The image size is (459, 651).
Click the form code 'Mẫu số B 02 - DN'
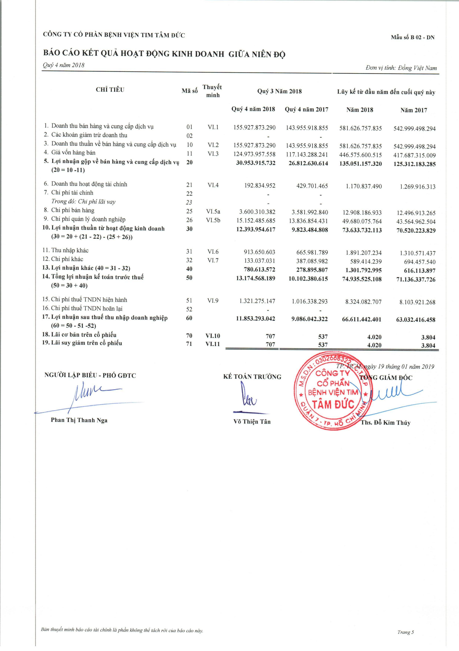(x=413, y=38)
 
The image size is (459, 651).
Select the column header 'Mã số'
(x=189, y=91)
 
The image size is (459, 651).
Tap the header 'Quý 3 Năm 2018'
(x=279, y=91)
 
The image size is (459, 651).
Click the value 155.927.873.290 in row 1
(x=254, y=128)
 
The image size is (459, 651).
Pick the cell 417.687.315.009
(x=414, y=155)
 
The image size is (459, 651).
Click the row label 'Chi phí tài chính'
(x=72, y=193)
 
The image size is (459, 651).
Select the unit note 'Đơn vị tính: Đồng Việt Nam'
(x=401, y=68)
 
